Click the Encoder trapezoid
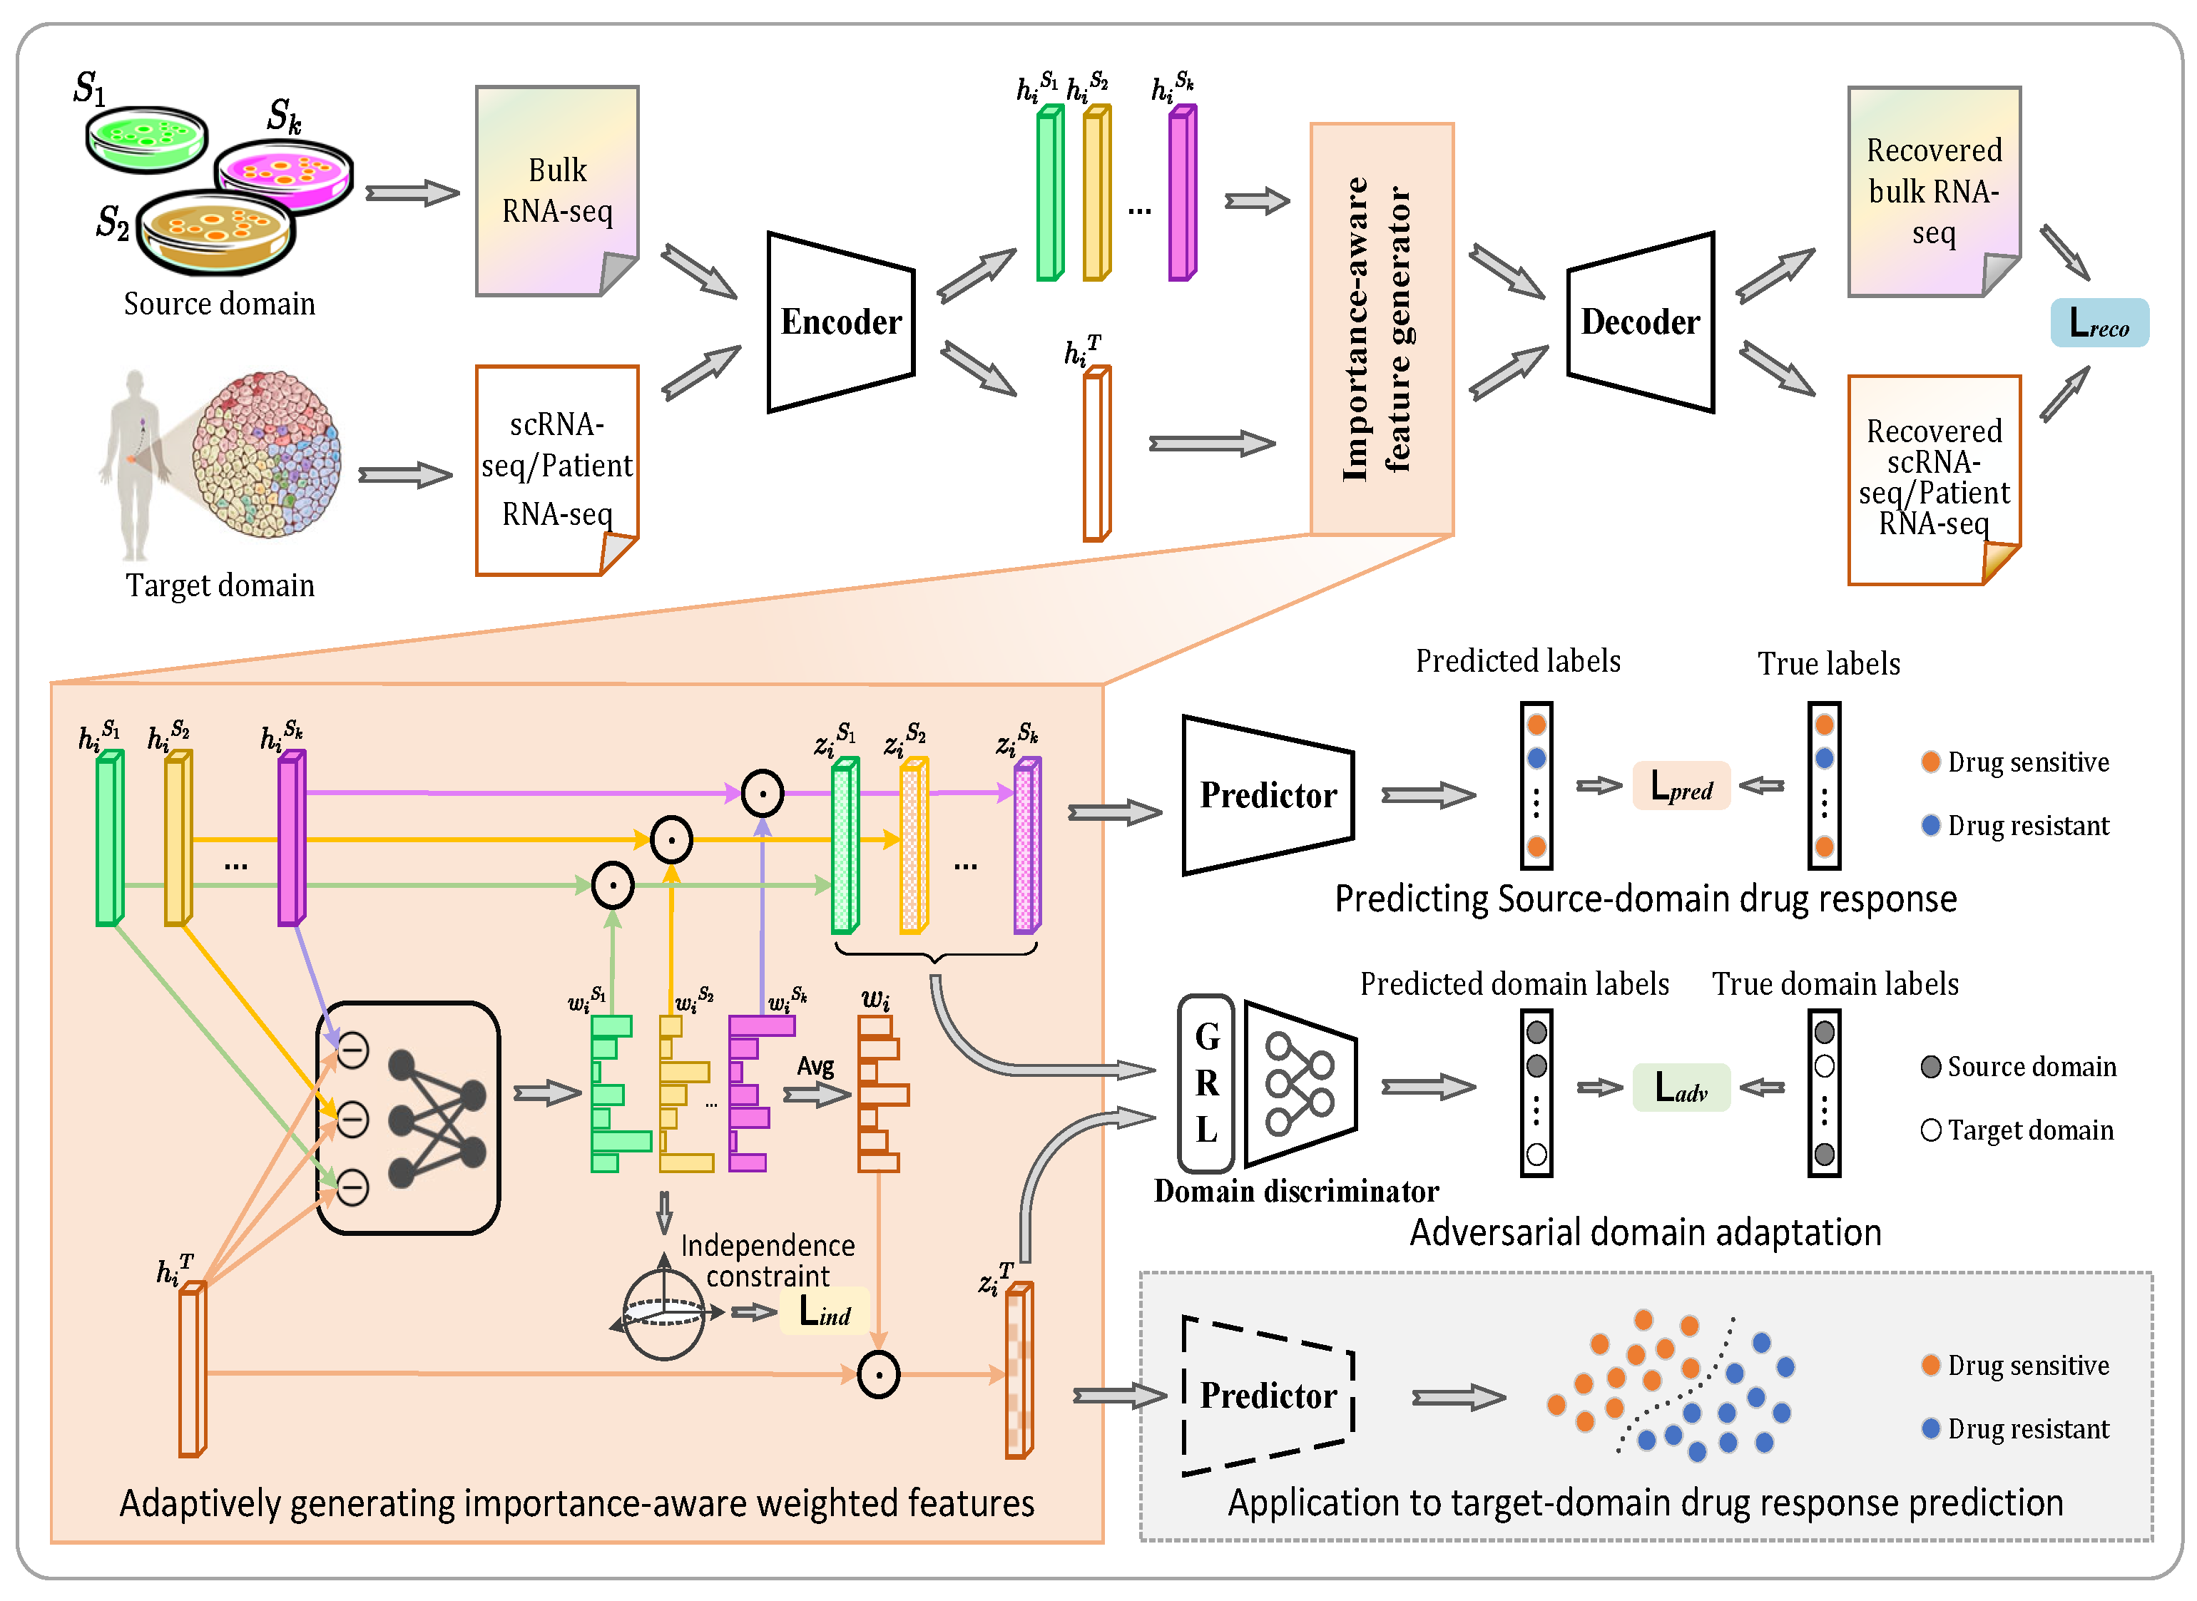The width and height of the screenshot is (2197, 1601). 840,322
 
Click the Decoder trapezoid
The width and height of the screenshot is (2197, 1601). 1640,322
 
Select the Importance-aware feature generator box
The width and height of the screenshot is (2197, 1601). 1381,329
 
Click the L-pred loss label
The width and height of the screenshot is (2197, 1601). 1681,786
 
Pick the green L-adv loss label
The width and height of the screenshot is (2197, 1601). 1681,1088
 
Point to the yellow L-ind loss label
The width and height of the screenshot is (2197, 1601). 824,1312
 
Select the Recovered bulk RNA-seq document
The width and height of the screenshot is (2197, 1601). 1932,191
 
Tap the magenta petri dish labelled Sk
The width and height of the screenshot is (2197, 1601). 283,175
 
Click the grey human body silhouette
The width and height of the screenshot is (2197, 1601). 133,465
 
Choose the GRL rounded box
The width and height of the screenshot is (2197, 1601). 1205,1083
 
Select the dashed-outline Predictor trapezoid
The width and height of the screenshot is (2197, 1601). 1267,1396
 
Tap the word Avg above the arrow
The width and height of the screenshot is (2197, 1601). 815,1066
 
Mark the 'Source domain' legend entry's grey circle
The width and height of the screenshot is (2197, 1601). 1930,1067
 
